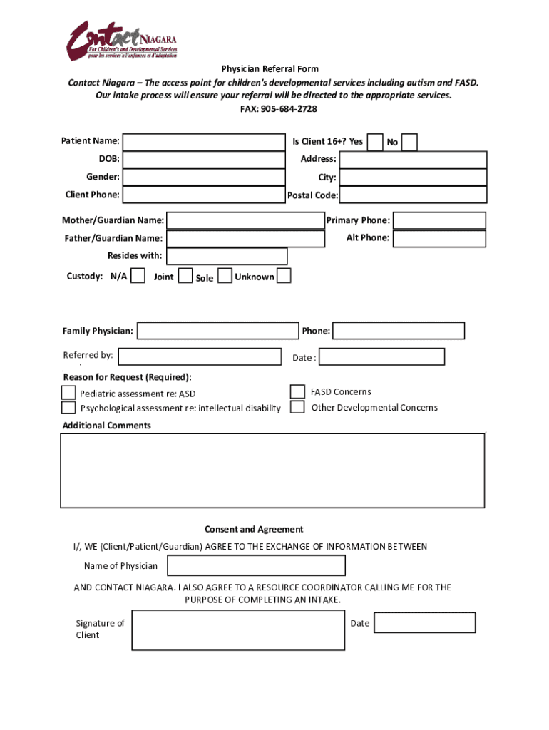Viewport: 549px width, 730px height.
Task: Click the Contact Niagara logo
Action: click(x=122, y=41)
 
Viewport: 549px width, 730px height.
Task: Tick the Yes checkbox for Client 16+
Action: click(x=375, y=141)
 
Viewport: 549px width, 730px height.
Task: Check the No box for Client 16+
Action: click(x=409, y=143)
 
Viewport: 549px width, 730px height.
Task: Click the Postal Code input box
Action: click(x=413, y=195)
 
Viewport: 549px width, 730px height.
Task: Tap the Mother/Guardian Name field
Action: click(x=245, y=220)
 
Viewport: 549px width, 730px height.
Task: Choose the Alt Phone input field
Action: click(x=439, y=238)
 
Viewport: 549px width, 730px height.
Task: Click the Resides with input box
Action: click(x=227, y=256)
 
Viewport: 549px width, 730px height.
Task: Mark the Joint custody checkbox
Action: click(x=185, y=275)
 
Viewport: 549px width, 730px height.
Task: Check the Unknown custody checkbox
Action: click(x=284, y=275)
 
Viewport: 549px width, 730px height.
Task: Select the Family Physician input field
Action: click(x=217, y=331)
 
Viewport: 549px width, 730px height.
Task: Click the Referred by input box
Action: click(x=200, y=356)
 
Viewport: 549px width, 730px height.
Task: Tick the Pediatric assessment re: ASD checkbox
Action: click(x=68, y=393)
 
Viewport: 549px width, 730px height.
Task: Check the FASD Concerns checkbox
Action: click(x=297, y=391)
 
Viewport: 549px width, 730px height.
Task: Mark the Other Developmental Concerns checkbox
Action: click(x=297, y=407)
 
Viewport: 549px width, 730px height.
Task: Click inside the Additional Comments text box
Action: click(x=272, y=471)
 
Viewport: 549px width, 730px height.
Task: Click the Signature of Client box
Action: click(x=238, y=630)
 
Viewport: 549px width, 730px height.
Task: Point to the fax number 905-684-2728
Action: click(x=288, y=109)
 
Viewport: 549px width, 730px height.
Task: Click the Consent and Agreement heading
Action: click(x=254, y=529)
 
